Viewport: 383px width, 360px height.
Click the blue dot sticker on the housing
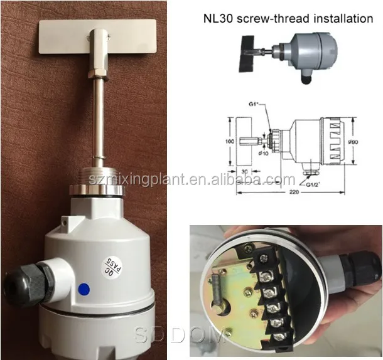click(84, 290)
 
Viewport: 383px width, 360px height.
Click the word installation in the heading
click(342, 18)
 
